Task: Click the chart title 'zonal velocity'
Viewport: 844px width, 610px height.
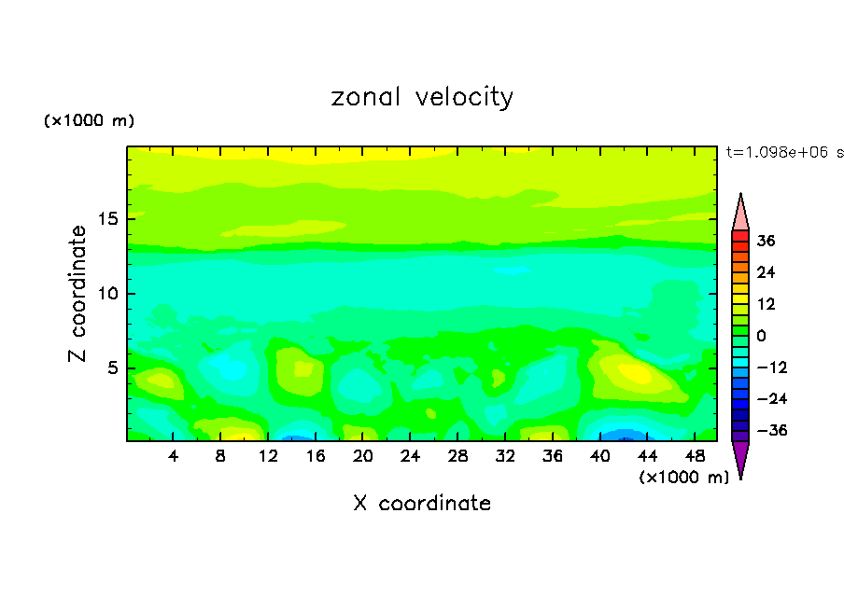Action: [x=422, y=97]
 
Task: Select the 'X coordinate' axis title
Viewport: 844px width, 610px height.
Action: [x=422, y=504]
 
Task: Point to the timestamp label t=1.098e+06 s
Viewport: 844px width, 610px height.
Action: [x=784, y=152]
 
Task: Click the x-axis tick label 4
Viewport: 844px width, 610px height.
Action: [x=174, y=457]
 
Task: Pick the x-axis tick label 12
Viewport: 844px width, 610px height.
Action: [x=269, y=457]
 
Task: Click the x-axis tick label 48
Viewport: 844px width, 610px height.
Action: [x=695, y=457]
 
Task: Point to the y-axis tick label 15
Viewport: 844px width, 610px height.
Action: [x=108, y=219]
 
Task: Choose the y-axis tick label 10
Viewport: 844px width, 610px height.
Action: [x=108, y=294]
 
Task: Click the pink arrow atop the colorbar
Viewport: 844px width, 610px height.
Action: [x=740, y=213]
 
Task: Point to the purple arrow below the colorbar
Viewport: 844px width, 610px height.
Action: [x=740, y=458]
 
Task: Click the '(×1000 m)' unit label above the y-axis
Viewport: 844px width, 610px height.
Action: [x=90, y=121]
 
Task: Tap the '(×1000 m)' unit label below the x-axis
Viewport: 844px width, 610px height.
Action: [x=684, y=478]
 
